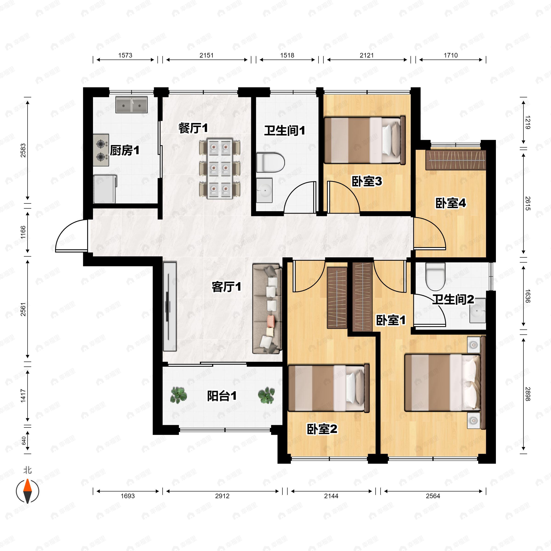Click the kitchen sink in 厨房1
[132, 105]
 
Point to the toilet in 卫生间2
[435, 276]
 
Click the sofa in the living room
[267, 308]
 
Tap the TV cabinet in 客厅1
[170, 306]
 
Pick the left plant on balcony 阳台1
[179, 395]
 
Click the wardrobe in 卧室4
[455, 160]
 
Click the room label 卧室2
[322, 429]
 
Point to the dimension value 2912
[222, 496]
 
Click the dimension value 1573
[125, 55]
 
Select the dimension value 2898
[528, 394]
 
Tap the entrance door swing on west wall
[71, 236]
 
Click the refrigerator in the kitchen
[105, 189]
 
